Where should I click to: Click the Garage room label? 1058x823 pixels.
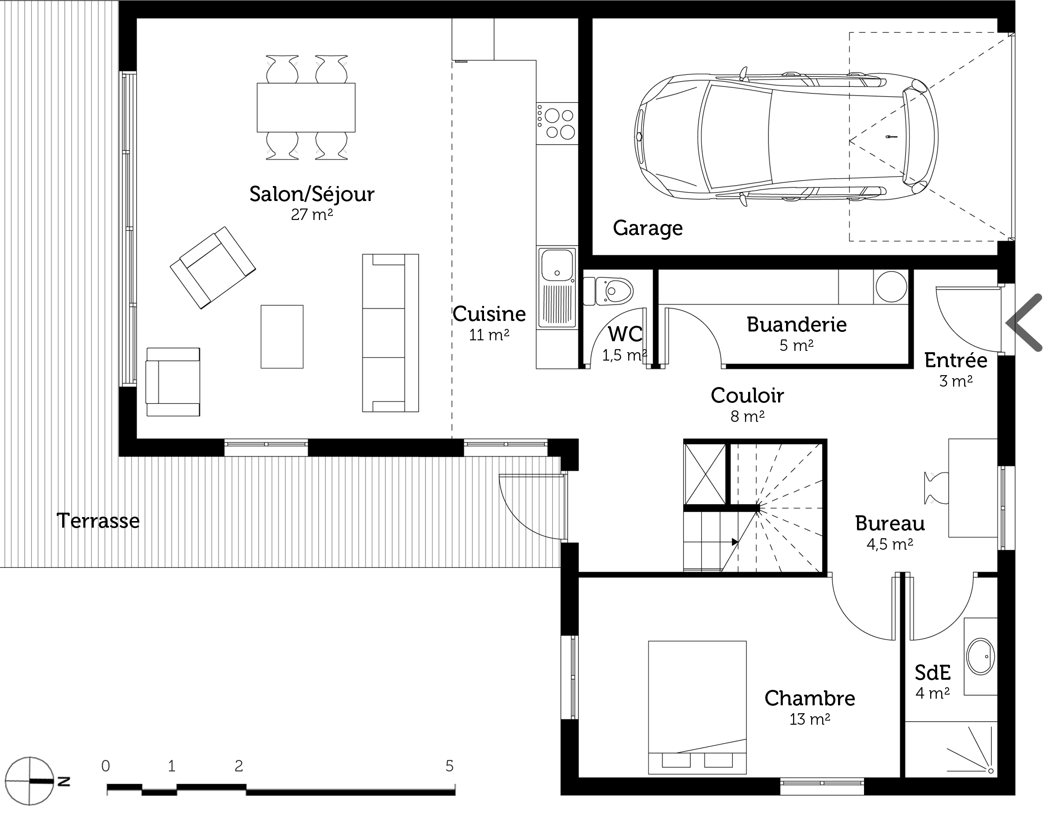coord(648,228)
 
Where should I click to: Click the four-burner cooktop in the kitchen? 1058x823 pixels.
coord(557,123)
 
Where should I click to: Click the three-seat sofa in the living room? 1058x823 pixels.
coord(391,333)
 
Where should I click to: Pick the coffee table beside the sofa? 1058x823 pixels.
coord(282,337)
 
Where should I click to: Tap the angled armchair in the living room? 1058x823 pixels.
coord(212,268)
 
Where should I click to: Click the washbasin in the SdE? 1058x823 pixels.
coord(980,656)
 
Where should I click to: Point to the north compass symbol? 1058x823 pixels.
coord(30,781)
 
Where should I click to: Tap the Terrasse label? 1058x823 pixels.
coord(98,521)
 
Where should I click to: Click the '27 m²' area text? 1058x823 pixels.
coord(312,215)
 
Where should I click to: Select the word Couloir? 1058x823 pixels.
coord(748,395)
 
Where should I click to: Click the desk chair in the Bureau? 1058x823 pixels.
coord(935,488)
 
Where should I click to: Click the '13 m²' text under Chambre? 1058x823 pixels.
coord(810,719)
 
